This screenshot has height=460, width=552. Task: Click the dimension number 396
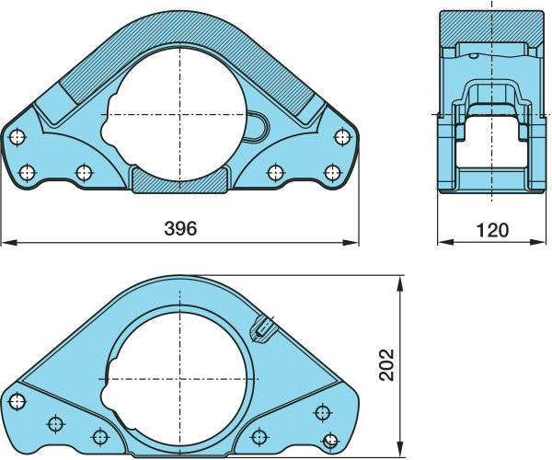[180, 228]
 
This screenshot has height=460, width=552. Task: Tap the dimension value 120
[492, 230]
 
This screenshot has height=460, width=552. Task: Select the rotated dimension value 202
[386, 364]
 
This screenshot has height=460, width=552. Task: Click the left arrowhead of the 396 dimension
[9, 243]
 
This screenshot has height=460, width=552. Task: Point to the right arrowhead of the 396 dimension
[351, 243]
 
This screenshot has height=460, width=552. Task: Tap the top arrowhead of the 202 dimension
[399, 283]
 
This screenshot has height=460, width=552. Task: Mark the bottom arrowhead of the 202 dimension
[399, 450]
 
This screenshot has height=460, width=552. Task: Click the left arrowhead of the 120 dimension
[446, 242]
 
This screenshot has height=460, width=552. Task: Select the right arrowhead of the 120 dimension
[537, 242]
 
